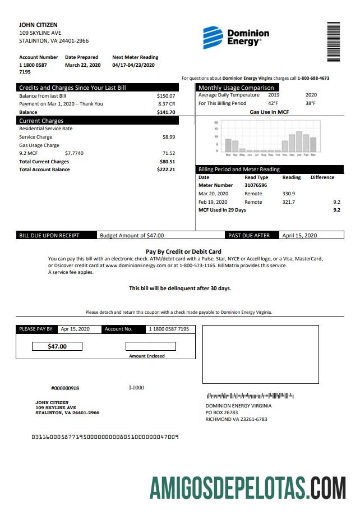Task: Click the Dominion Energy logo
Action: [x=236, y=37]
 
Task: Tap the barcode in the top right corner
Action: [x=334, y=42]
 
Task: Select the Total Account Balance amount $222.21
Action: [x=166, y=170]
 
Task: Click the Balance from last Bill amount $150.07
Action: [x=166, y=96]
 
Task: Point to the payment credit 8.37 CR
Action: [x=167, y=104]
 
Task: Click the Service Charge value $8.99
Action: [x=168, y=137]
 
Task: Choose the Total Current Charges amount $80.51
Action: [x=167, y=162]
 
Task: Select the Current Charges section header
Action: [x=41, y=121]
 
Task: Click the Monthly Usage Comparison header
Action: [x=236, y=88]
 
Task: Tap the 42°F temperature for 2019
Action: [x=273, y=103]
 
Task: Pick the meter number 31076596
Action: [x=256, y=185]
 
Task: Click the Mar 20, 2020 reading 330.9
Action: [x=289, y=194]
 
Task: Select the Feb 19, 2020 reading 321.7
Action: [x=289, y=201]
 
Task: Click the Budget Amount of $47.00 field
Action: [x=132, y=236]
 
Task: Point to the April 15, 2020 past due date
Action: [x=299, y=236]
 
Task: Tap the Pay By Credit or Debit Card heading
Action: [x=183, y=251]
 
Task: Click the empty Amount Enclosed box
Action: [x=150, y=346]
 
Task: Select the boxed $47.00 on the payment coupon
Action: [x=57, y=346]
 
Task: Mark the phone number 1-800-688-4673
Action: [x=313, y=78]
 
